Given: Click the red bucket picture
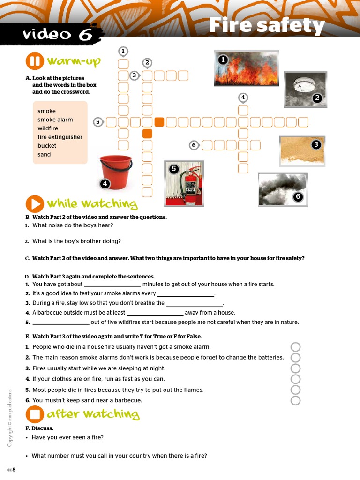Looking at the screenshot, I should tap(116, 172).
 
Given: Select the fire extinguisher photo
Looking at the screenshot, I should tap(184, 183).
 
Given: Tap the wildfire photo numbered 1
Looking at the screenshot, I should tap(246, 68).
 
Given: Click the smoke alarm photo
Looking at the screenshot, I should tap(305, 89).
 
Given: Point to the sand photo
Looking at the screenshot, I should tap(302, 151).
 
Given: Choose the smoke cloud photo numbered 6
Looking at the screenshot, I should tap(283, 189).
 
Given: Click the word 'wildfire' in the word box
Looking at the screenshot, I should tap(48, 128).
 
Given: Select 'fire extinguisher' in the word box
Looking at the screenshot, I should tap(60, 137).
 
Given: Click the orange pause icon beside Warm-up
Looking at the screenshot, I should tap(35, 61).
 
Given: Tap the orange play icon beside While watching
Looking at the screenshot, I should tap(35, 204).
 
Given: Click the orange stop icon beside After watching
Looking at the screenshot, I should tap(35, 414).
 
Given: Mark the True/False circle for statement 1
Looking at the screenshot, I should tap(295, 347).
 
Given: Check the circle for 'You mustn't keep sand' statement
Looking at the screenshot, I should tap(295, 400).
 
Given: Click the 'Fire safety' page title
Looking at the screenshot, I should tap(266, 25).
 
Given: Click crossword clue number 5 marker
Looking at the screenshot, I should tap(97, 122).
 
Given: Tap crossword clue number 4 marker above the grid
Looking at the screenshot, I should tap(242, 97).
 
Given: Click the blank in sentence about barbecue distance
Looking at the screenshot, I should tap(155, 313).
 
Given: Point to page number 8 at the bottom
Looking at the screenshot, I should tap(14, 470).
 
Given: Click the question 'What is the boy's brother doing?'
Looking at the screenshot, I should tap(76, 241).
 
